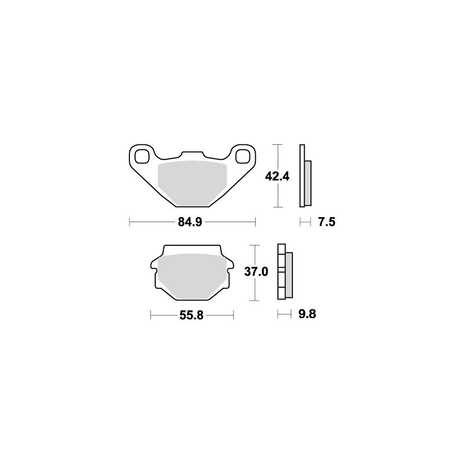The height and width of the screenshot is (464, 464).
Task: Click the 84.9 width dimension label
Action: click(x=190, y=222)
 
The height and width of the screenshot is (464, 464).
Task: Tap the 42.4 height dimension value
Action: click(x=277, y=177)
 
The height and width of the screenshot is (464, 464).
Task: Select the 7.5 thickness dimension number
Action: click(x=327, y=222)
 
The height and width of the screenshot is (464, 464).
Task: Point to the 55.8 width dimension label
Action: click(x=191, y=316)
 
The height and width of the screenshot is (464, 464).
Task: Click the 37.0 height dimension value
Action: click(x=256, y=271)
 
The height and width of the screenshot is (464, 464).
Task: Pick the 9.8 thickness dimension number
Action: click(x=307, y=313)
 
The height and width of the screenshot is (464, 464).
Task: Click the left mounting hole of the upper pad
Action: click(x=141, y=157)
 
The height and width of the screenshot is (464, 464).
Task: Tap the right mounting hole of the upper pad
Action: click(x=243, y=157)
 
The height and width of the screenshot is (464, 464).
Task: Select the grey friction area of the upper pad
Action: click(x=192, y=184)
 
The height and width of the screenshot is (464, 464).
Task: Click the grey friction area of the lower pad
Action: click(x=192, y=276)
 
